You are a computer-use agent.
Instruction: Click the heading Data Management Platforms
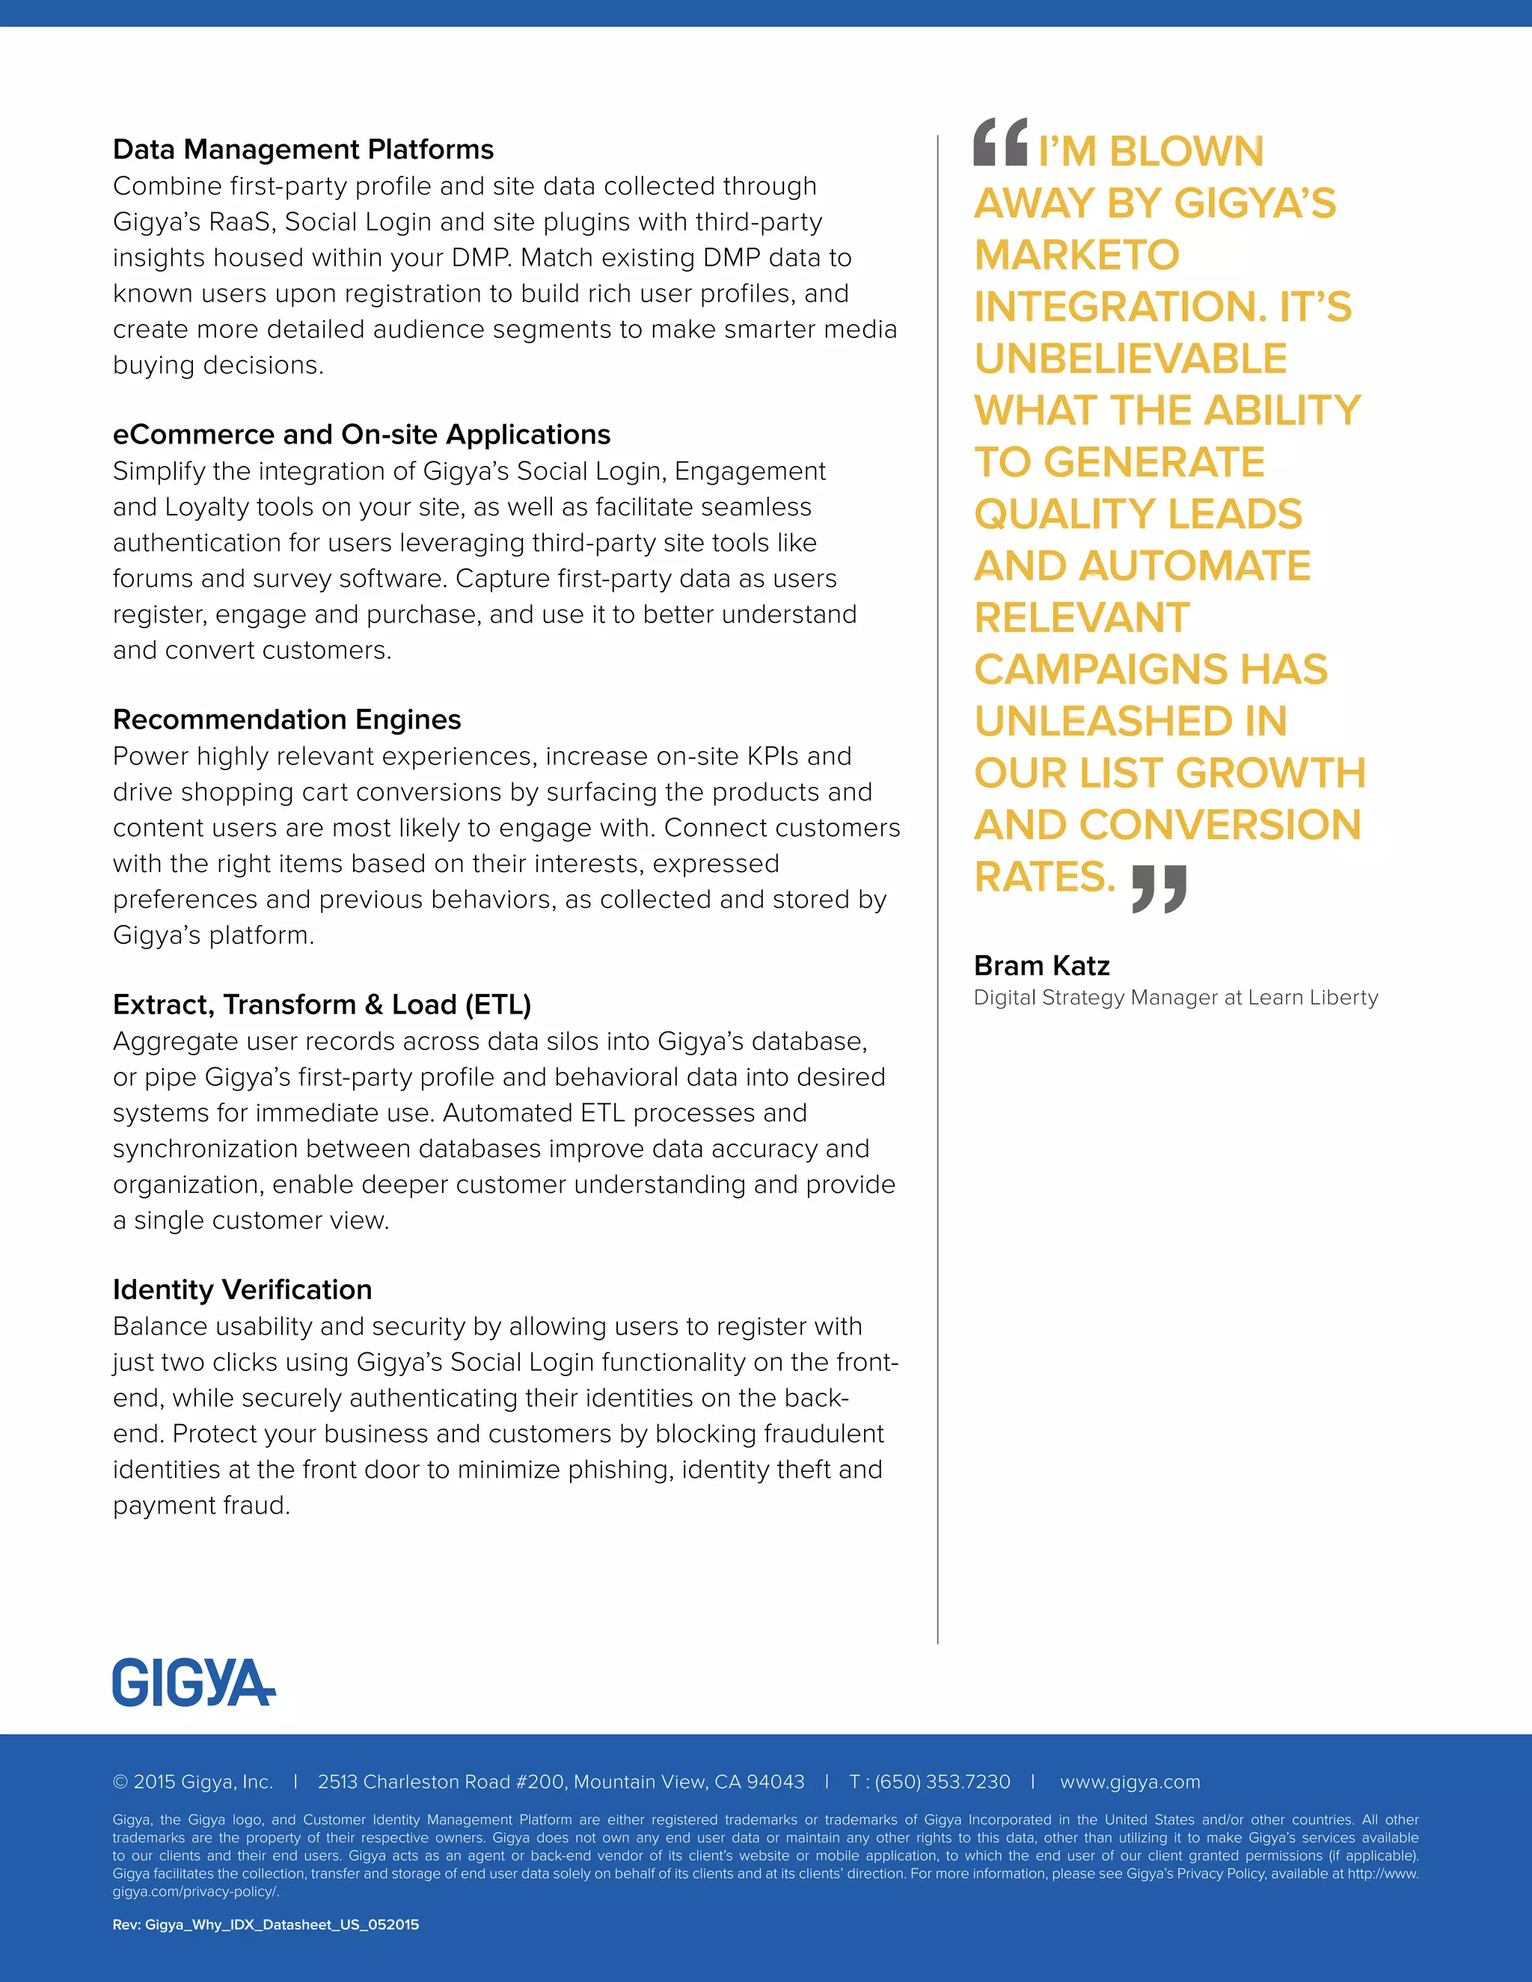303,150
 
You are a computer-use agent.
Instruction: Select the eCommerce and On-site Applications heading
361,435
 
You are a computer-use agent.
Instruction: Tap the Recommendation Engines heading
287,720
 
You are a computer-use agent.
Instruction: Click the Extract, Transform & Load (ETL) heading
322,1004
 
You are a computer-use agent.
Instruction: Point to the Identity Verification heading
242,1289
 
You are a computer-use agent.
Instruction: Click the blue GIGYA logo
193,1683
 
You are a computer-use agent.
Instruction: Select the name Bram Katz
1041,966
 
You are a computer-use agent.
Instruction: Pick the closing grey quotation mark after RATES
1159,889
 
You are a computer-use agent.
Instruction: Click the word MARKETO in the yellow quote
1076,255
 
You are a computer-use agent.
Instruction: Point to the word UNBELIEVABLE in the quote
1130,358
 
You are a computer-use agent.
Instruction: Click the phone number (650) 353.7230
942,1782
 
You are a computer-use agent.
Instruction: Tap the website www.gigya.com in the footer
1130,1782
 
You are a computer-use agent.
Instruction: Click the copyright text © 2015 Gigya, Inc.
192,1782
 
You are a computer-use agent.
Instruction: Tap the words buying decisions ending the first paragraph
217,366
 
